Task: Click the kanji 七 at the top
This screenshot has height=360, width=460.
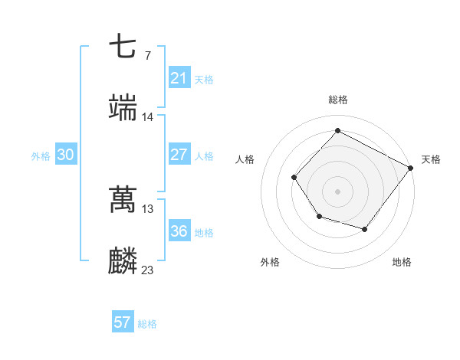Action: point(123,47)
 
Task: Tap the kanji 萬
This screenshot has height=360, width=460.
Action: point(123,200)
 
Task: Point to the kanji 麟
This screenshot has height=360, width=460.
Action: point(123,261)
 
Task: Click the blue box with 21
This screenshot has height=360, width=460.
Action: point(179,78)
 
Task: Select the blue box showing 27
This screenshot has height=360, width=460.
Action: point(179,155)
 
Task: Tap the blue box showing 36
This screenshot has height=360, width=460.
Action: point(179,231)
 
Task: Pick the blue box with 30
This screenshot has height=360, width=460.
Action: point(65,155)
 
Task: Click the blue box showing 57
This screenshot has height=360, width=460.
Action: point(122,322)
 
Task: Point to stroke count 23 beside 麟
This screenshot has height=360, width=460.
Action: point(148,270)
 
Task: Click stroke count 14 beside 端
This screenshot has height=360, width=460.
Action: point(148,116)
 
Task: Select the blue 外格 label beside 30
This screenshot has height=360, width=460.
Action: point(41,155)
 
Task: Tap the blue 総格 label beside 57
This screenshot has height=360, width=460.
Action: point(147,324)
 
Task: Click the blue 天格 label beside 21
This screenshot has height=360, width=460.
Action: point(203,79)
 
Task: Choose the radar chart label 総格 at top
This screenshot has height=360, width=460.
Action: point(337,100)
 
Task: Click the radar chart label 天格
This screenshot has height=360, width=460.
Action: point(431,159)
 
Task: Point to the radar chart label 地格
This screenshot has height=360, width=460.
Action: point(402,262)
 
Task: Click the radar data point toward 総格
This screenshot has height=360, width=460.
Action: point(337,130)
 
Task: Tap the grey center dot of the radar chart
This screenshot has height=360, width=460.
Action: point(337,191)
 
